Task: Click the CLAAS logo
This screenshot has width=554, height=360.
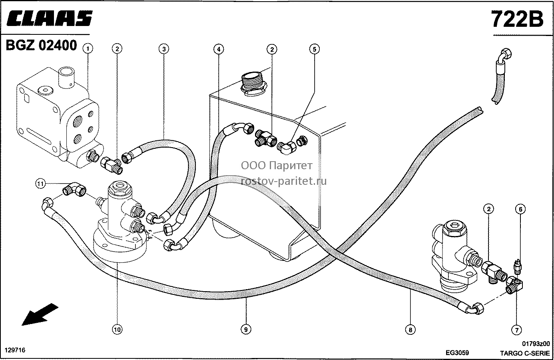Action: click(x=50, y=18)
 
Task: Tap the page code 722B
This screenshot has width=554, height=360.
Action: click(x=518, y=19)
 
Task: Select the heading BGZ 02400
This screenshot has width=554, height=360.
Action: click(x=41, y=45)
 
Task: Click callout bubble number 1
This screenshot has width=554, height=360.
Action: click(x=88, y=48)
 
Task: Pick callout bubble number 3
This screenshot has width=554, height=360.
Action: click(x=164, y=49)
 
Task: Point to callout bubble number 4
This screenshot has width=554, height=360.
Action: click(x=219, y=49)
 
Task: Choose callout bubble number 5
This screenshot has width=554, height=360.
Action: click(x=314, y=49)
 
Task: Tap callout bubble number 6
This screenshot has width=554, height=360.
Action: click(x=520, y=209)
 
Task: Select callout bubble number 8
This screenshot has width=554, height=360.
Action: click(x=411, y=330)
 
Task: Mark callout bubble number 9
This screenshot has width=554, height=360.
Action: click(x=246, y=329)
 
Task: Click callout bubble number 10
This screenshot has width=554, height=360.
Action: click(x=117, y=329)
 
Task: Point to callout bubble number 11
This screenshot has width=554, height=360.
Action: click(x=40, y=184)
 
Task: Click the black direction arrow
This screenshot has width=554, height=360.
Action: click(x=40, y=314)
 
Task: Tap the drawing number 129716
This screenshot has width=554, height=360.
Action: click(x=15, y=350)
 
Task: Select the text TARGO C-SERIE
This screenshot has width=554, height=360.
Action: click(x=525, y=353)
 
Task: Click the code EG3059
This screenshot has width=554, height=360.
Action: click(x=457, y=352)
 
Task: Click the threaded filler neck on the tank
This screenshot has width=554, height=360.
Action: click(x=253, y=83)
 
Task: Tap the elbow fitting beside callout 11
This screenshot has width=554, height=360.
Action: click(x=74, y=189)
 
